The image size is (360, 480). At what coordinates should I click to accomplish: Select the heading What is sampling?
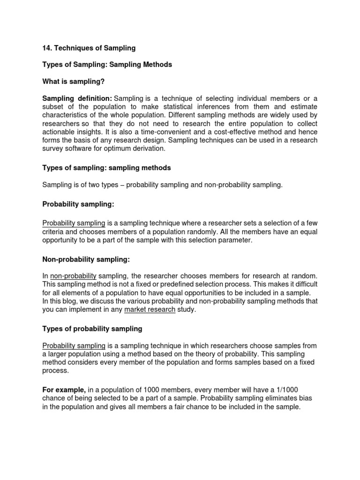click(x=74, y=82)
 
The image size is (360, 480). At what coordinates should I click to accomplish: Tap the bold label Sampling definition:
click(x=77, y=98)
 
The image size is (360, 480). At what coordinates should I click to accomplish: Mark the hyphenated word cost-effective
click(x=243, y=132)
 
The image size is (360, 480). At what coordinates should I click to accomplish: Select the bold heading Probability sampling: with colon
click(x=78, y=204)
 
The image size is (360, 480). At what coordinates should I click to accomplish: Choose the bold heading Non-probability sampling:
click(x=86, y=259)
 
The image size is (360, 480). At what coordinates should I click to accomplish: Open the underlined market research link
click(x=150, y=310)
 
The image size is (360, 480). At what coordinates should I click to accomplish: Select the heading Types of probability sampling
click(x=92, y=329)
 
